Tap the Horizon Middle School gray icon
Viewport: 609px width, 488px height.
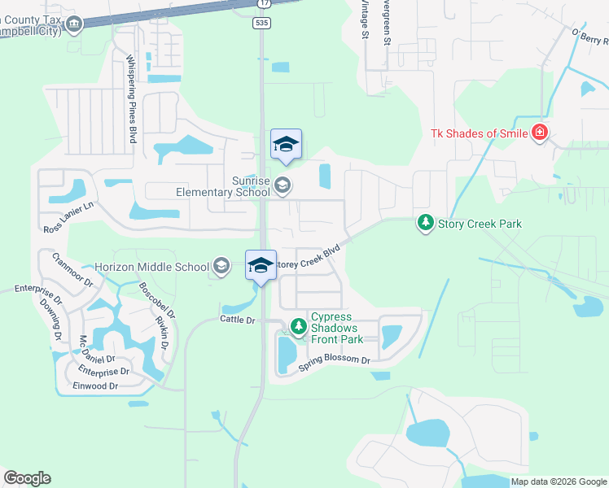coord(221,266)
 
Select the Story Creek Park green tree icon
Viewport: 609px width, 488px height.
coord(425,222)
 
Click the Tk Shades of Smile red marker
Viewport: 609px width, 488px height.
coord(539,133)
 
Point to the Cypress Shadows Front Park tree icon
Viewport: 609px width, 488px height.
coord(299,327)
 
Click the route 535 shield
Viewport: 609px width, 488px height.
coord(261,24)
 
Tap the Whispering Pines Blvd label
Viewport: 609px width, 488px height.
coord(130,98)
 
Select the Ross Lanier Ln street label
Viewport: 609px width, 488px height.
coord(69,218)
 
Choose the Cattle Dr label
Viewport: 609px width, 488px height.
coord(237,320)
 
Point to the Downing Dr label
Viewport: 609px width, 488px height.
coord(50,318)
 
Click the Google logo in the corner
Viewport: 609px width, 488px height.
coord(27,478)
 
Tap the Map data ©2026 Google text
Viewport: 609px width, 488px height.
coord(558,481)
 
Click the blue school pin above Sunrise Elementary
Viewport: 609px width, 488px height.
coord(286,145)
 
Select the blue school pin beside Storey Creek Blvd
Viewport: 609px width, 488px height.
coord(261,266)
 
